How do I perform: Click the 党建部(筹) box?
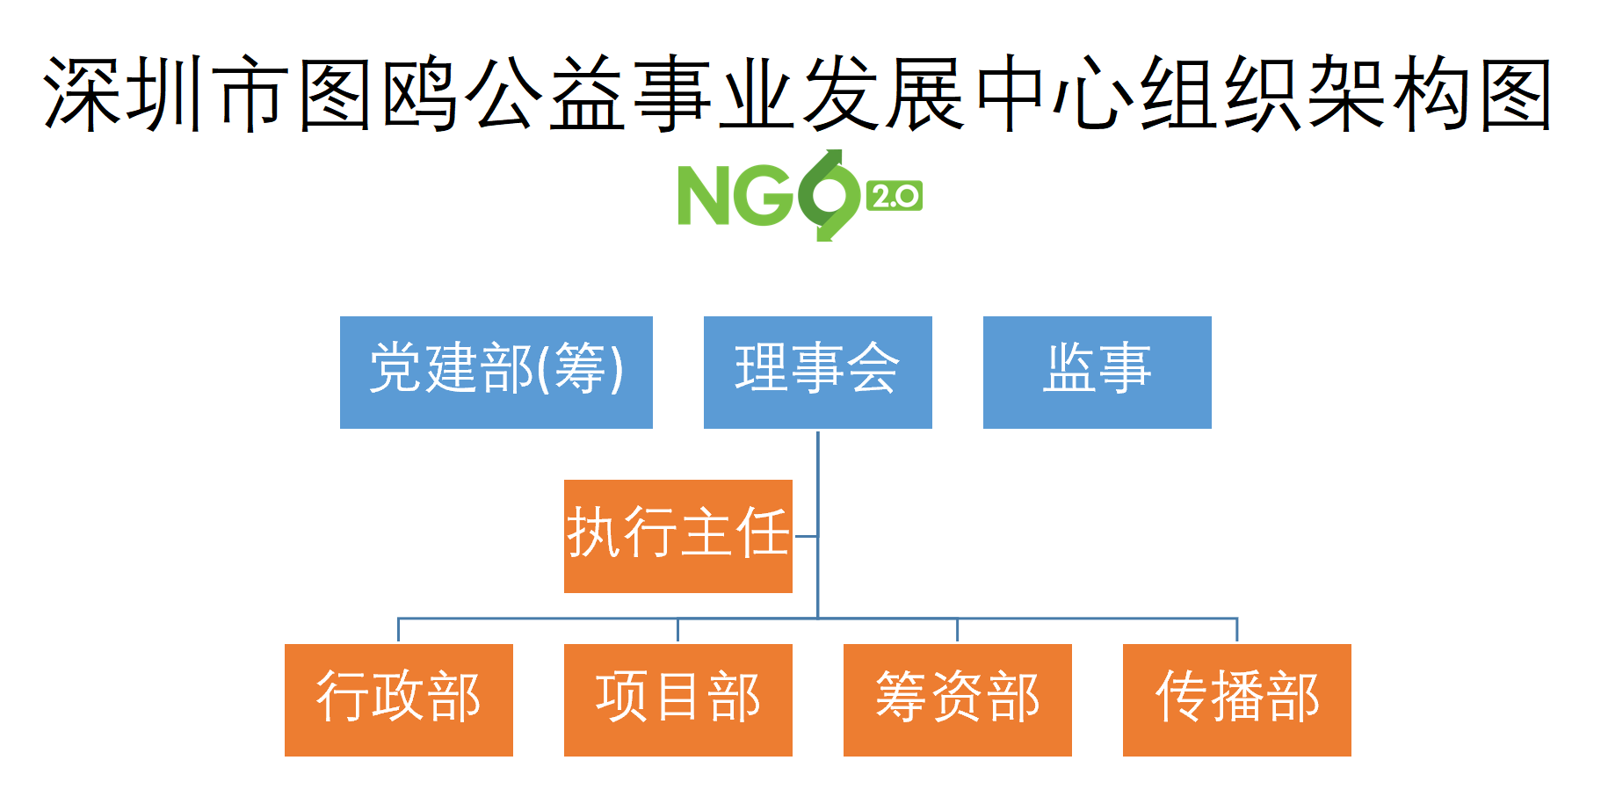click(x=496, y=373)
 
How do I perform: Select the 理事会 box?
click(x=817, y=373)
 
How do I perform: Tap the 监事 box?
click(x=1097, y=373)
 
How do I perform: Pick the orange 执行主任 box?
click(x=677, y=536)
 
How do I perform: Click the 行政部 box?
click(x=398, y=700)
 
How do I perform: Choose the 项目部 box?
click(x=677, y=700)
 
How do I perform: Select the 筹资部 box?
click(x=957, y=700)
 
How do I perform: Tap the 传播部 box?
click(x=1236, y=700)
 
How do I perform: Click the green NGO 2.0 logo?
click(x=800, y=195)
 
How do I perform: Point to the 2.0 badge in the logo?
click(x=895, y=196)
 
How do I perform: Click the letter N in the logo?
click(x=704, y=196)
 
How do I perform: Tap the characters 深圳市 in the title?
click(x=166, y=94)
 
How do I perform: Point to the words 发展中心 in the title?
click(x=967, y=94)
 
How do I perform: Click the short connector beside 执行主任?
click(x=805, y=536)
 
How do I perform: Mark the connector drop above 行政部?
click(x=398, y=631)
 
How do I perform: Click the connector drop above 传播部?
click(x=1236, y=631)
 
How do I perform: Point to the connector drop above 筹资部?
click(x=957, y=631)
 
